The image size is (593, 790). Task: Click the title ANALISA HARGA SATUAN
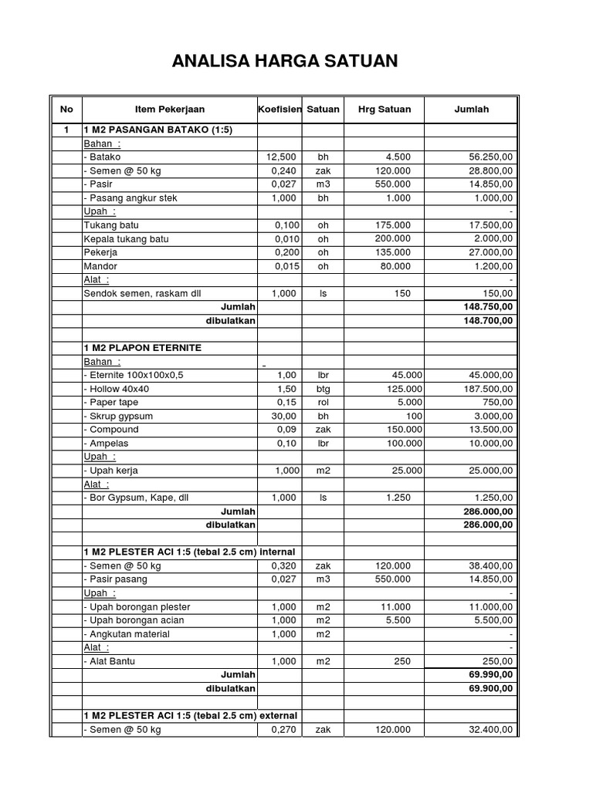(285, 60)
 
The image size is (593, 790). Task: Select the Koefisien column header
(280, 110)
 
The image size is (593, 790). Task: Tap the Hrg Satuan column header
(385, 110)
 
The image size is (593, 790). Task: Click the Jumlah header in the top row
(471, 110)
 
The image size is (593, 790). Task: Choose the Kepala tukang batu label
(126, 239)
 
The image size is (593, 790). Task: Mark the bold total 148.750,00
(485, 307)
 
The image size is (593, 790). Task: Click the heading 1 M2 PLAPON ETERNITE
(142, 348)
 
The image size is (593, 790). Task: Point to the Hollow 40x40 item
(117, 389)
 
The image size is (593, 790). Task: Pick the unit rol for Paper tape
(323, 403)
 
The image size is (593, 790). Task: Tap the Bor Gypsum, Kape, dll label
(136, 498)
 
